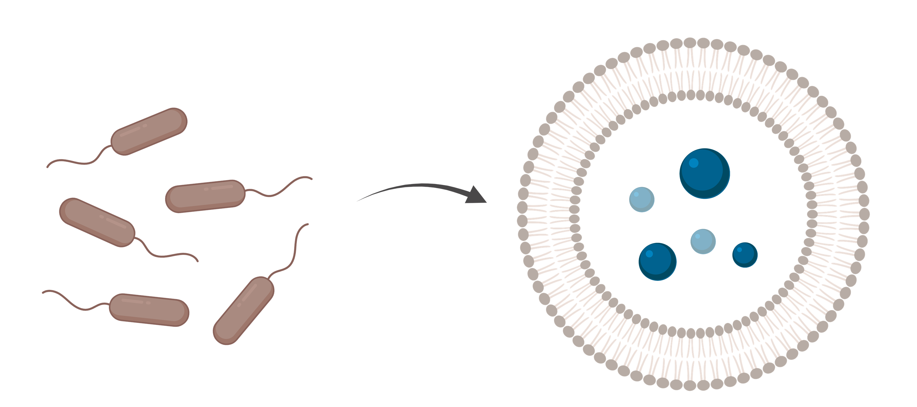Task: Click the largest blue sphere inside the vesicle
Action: (x=704, y=173)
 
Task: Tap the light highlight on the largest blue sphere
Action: (x=694, y=163)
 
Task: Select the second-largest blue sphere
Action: (x=657, y=261)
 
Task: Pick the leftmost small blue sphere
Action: (x=641, y=200)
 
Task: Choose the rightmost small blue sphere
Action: (x=745, y=255)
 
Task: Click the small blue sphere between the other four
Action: (x=703, y=241)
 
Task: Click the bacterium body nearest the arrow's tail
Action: (x=205, y=196)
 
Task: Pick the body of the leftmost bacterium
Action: (x=97, y=222)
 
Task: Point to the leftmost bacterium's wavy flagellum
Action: (x=167, y=255)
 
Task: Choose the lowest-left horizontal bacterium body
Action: (x=149, y=310)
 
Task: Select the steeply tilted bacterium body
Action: (x=244, y=310)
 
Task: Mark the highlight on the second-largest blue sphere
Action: (x=649, y=254)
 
